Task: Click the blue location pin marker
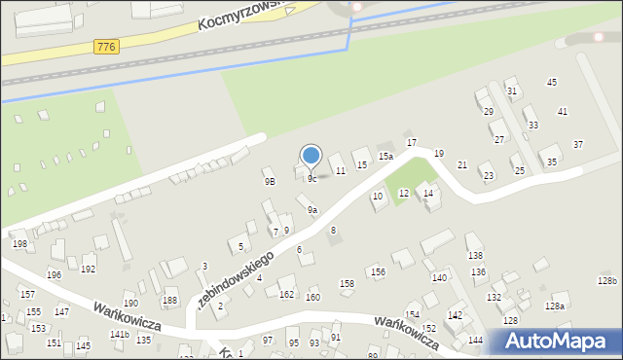(x=311, y=155)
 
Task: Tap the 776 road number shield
(x=108, y=47)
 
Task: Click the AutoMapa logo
(x=556, y=342)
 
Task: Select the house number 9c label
(x=311, y=179)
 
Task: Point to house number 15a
(x=385, y=156)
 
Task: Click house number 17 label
(x=412, y=143)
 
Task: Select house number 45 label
(x=552, y=83)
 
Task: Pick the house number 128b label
(x=607, y=281)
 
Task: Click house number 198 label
(x=18, y=243)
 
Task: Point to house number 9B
(x=270, y=181)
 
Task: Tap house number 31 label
(x=512, y=91)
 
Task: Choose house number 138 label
(x=475, y=255)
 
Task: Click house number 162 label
(x=286, y=294)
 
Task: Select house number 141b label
(x=119, y=334)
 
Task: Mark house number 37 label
(x=578, y=144)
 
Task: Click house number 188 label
(x=169, y=300)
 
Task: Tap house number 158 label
(x=348, y=284)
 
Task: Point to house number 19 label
(x=439, y=154)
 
